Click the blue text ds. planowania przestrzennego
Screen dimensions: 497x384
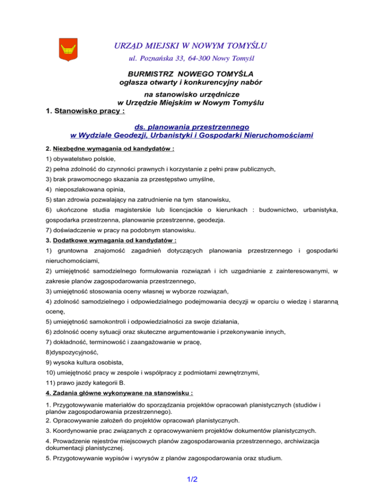click(192, 127)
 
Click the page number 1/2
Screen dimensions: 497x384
click(191, 479)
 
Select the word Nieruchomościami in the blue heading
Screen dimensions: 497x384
click(272, 135)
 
